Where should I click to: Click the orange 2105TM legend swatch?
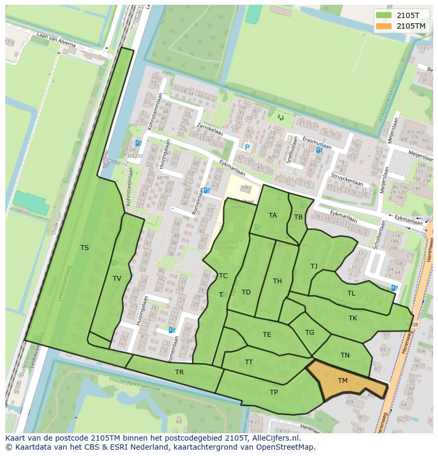385,26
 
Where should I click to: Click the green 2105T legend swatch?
385,15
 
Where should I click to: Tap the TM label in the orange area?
343,381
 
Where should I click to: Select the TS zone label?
85,248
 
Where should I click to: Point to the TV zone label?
117,279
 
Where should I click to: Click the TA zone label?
272,216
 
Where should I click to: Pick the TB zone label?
298,217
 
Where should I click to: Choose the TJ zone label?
314,266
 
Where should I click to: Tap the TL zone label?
351,293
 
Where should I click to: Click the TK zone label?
353,318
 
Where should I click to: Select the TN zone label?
345,355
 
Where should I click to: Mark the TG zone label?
309,333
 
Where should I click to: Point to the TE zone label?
267,335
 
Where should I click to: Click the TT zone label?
249,362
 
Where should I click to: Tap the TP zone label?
273,392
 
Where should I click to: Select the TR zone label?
179,372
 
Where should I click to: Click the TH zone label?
277,281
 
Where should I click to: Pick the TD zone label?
246,292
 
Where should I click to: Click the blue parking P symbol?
247,147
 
